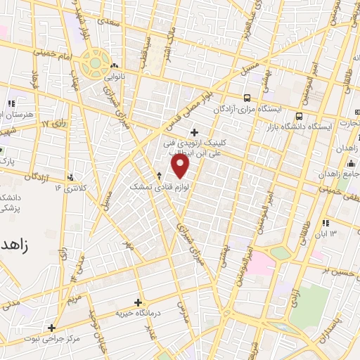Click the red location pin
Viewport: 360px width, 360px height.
tap(181, 167)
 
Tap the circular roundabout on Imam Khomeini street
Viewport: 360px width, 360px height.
tap(94, 64)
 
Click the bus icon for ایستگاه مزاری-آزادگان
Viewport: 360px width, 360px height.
tap(247, 98)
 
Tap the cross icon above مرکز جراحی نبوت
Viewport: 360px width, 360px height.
tap(51, 327)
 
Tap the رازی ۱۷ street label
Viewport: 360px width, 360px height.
tap(53, 124)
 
